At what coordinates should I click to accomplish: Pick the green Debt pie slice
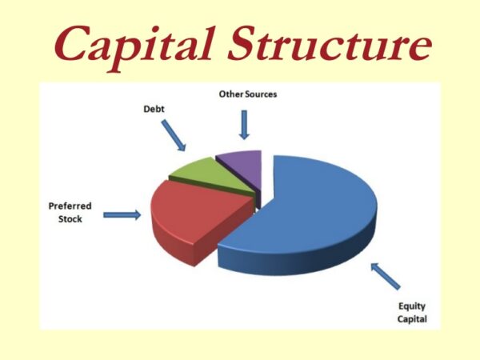point(192,169)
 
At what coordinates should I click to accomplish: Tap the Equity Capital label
point(413,313)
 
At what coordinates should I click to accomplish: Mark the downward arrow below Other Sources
point(245,124)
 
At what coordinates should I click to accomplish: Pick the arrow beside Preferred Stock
point(122,214)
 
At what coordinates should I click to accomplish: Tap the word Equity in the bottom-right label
point(413,306)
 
